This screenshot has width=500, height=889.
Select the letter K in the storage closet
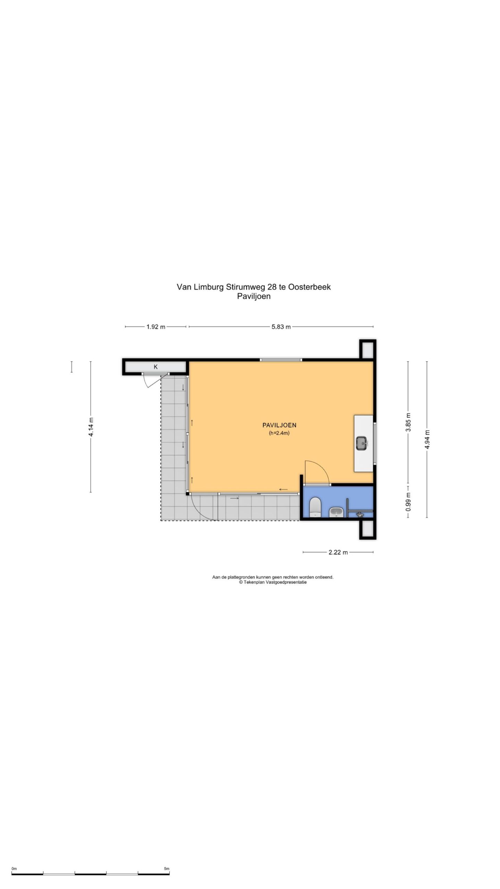(156, 367)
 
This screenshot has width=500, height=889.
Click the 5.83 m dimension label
(281, 326)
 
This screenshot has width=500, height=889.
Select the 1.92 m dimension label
(156, 326)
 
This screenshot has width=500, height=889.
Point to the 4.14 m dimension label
(91, 426)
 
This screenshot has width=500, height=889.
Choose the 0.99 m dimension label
(408, 501)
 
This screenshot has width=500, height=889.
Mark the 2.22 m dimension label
(338, 552)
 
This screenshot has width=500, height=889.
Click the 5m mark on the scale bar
(167, 859)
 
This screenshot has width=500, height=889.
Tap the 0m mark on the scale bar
(14, 859)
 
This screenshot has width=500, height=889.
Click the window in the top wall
(281, 360)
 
